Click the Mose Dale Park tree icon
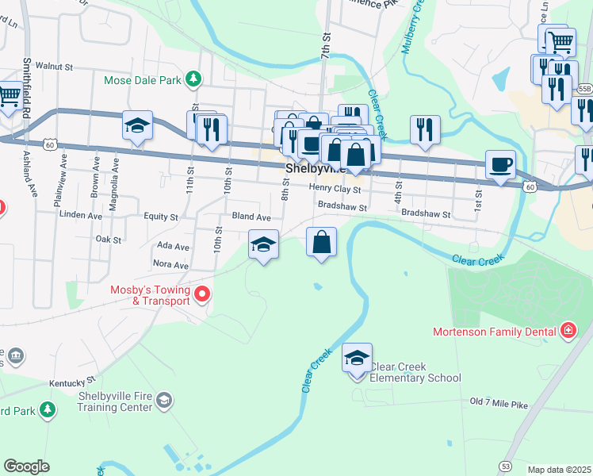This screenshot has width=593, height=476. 193,79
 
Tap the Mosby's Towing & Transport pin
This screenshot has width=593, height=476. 201,295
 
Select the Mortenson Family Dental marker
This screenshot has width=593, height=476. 568,330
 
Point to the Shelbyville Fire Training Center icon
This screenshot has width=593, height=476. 164,399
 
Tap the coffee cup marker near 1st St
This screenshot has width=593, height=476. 500,165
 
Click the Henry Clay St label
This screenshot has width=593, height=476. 335,190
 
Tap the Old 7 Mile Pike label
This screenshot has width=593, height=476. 498,404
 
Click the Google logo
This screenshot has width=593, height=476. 26,466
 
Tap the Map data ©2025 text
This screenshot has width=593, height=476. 559,470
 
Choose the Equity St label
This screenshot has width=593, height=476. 161,216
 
